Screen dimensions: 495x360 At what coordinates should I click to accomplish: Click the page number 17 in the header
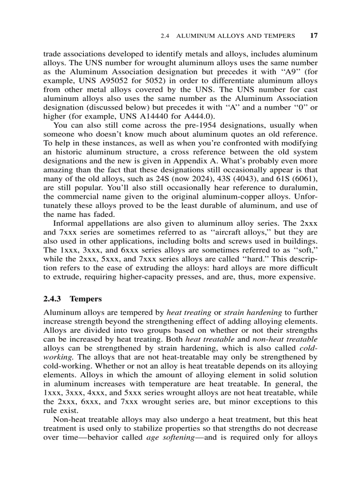[314, 36]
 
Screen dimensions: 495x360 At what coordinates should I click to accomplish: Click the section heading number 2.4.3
[52, 298]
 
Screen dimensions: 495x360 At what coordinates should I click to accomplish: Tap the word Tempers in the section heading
[86, 298]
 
